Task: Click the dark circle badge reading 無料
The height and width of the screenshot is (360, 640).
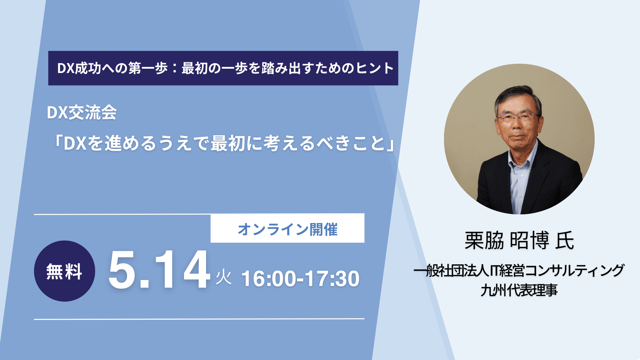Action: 64,271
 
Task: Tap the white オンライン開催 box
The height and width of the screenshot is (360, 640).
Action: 287,228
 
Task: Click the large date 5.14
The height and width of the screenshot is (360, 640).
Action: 159,269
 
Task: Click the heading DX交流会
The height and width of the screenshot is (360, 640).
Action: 82,112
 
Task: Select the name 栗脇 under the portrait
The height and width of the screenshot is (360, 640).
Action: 484,240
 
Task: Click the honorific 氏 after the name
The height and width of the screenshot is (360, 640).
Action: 565,240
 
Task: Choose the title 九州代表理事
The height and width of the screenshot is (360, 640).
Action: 519,290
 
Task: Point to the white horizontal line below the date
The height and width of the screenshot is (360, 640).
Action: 199,319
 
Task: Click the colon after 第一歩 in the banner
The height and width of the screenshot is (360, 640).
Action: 174,68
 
